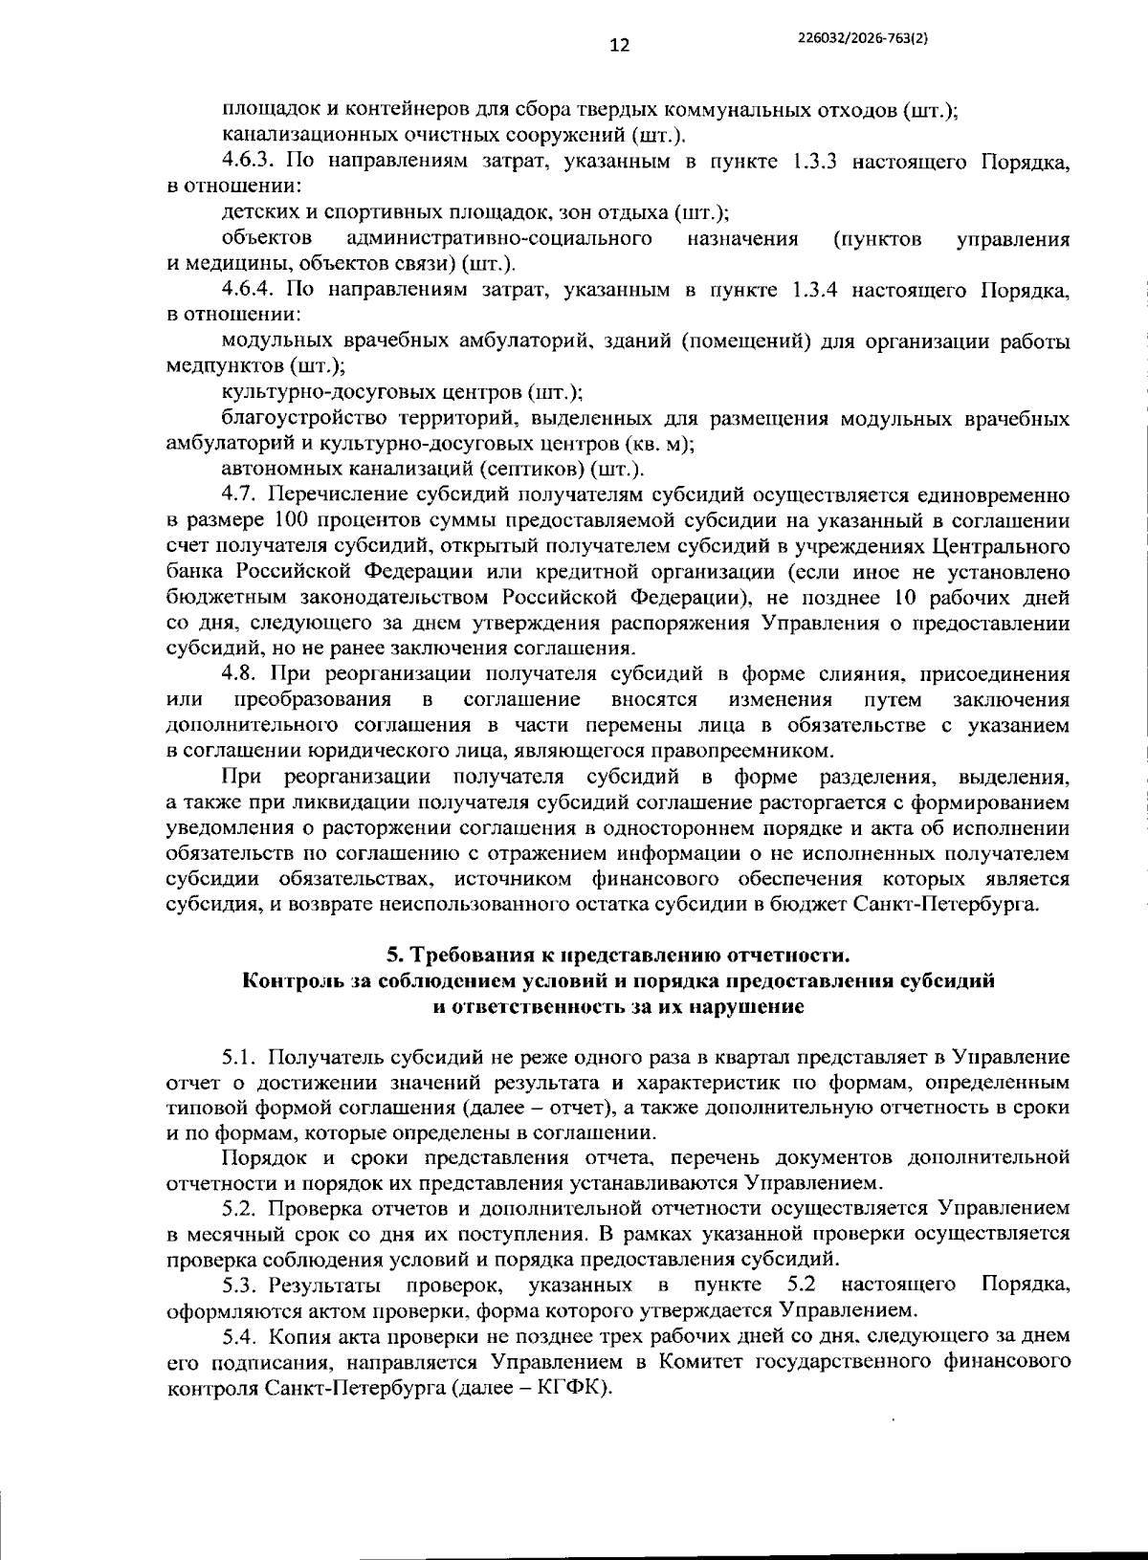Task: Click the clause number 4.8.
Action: point(239,675)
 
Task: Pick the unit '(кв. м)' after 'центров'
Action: point(658,444)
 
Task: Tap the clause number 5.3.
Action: point(241,1283)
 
